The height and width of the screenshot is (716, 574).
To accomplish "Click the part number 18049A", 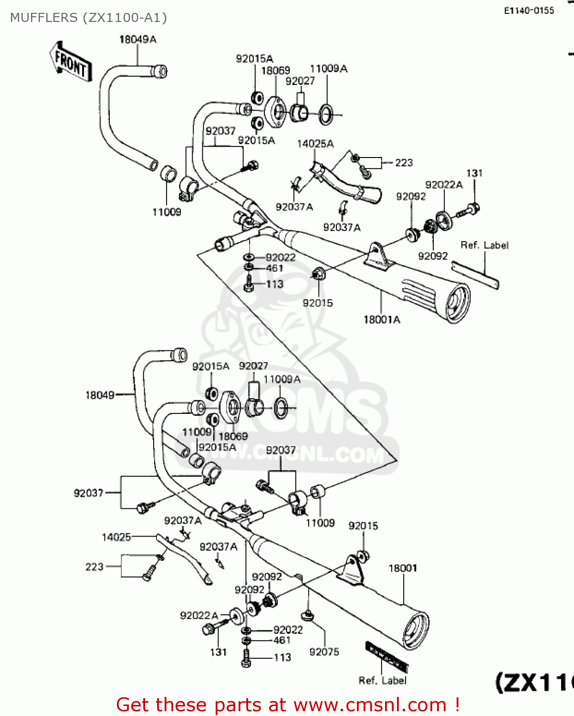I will tap(137, 40).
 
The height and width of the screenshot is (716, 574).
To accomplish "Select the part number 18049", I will tap(100, 395).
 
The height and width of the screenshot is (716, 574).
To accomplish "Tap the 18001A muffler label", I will tap(382, 320).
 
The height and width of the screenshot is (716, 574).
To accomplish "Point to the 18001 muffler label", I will tap(403, 568).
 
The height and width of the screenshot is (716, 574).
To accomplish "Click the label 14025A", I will tap(315, 144).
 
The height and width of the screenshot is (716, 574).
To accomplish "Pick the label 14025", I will tap(116, 537).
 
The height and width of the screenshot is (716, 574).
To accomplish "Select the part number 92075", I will tap(324, 652).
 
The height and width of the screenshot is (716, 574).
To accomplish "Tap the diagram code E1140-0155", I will tap(529, 11).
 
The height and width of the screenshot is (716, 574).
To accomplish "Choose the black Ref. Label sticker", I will tap(386, 657).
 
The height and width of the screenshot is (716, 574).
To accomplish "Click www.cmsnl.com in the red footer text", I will tap(370, 705).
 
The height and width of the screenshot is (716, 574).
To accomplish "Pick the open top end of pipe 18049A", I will tap(162, 72).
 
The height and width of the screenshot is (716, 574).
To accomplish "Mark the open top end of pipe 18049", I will tap(181, 355).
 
